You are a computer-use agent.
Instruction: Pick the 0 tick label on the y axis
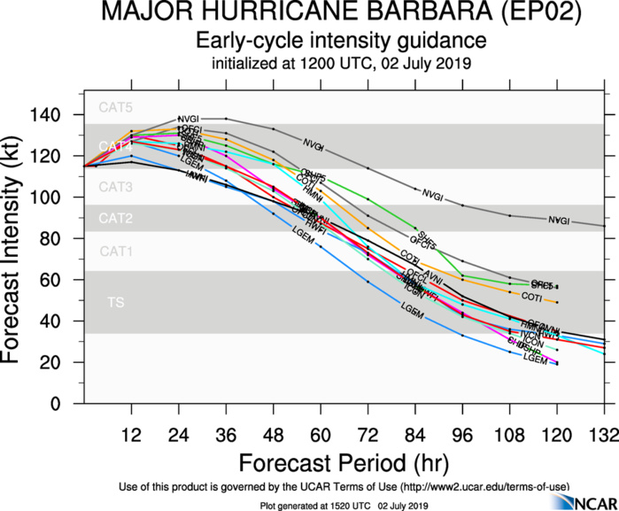(67, 404)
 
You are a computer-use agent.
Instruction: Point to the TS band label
(115, 303)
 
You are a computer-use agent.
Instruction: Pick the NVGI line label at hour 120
(558, 221)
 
